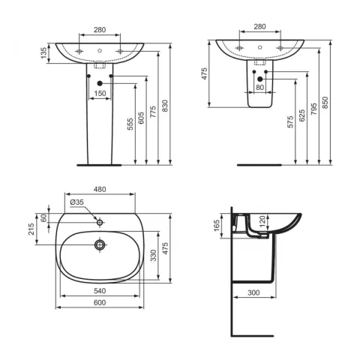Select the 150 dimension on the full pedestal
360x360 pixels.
[100, 94]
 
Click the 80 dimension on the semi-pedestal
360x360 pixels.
[260, 88]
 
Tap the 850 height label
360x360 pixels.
[326, 106]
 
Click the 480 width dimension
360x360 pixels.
[100, 190]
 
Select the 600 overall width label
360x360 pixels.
[100, 302]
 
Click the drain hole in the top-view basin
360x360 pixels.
[99, 244]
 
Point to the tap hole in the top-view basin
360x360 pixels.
[99, 222]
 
